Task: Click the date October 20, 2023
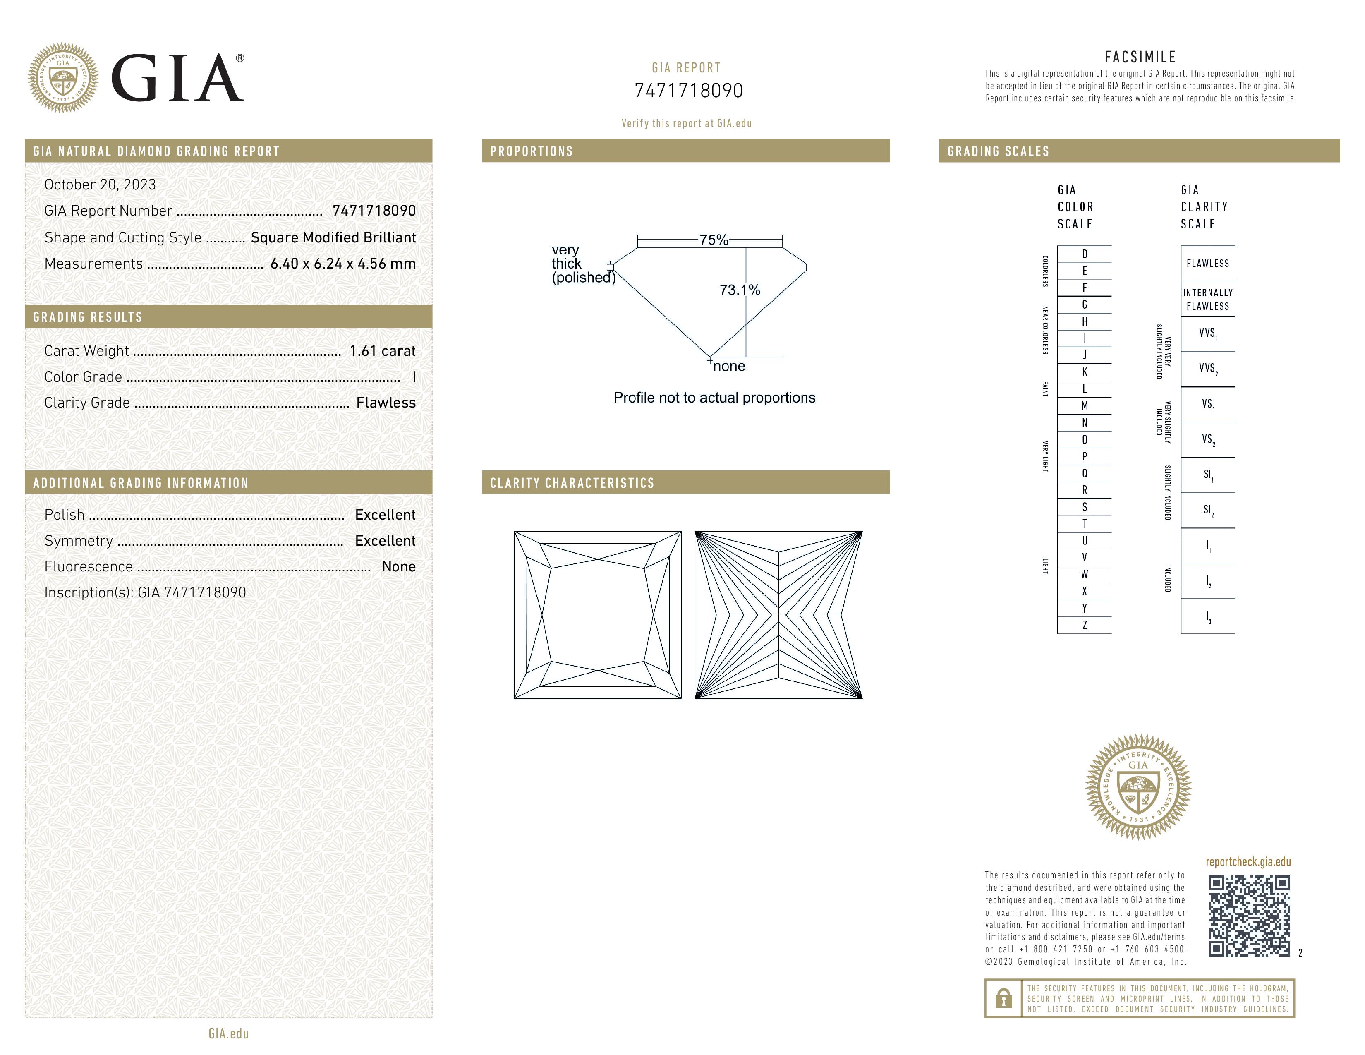(100, 185)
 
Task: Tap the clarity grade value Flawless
(386, 403)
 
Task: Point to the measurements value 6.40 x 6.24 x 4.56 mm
(343, 264)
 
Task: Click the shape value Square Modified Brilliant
(333, 237)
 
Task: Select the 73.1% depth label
(740, 290)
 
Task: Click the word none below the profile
(729, 366)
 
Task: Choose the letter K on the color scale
(1085, 372)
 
